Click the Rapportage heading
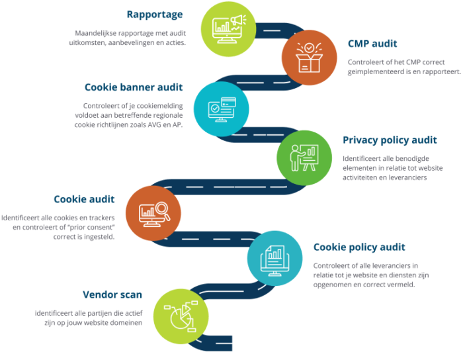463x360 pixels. pos(155,15)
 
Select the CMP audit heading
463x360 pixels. pos(372,44)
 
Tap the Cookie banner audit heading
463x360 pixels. pos(134,87)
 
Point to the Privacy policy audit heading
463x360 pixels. pos(390,140)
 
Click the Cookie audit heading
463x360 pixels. pos(84,199)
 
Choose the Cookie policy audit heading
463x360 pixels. pos(359,247)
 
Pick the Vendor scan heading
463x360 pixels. pos(112,294)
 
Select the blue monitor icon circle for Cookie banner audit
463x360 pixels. pos(221,108)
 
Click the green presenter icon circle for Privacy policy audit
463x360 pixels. pos(304,157)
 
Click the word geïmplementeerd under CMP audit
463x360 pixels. pos(374,71)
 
